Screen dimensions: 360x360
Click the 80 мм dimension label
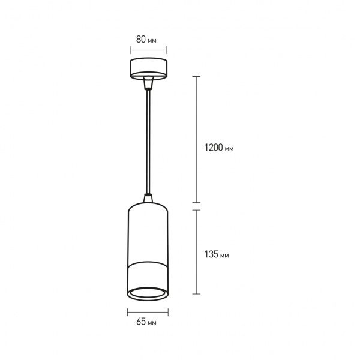(146, 40)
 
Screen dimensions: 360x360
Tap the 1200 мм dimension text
(219, 147)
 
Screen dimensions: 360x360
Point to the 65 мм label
(146, 323)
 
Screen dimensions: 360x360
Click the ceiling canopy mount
(148, 68)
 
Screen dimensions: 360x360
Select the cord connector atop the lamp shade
(148, 197)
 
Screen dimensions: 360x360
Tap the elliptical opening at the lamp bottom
(148, 293)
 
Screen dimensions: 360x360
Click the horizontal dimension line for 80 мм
(148, 50)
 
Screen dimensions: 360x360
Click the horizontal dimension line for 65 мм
(148, 312)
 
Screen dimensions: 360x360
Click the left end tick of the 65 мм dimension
(128, 312)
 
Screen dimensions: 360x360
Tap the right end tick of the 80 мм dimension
(166, 50)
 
